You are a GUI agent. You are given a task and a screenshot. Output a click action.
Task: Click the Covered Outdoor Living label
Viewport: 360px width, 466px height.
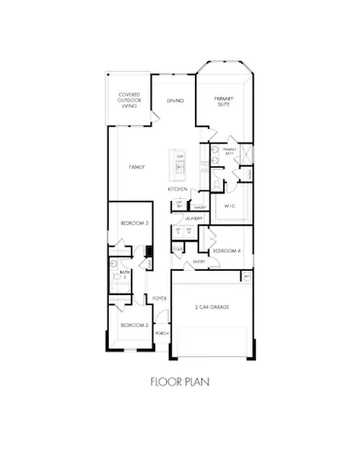click(x=129, y=101)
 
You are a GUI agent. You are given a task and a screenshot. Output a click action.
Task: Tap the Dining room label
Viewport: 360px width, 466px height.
click(x=176, y=101)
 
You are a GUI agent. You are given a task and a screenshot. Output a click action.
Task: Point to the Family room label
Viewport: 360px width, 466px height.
click(x=138, y=167)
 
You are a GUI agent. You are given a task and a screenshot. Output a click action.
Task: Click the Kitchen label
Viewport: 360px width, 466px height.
click(x=177, y=188)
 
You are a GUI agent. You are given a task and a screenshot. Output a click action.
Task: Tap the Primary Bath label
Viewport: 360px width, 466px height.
click(x=229, y=150)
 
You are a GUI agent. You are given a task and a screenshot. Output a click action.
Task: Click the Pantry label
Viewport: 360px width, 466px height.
click(x=202, y=207)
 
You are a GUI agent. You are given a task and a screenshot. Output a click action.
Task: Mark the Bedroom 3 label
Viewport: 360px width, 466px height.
click(x=134, y=223)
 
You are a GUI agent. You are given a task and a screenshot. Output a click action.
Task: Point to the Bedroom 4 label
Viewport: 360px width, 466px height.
click(x=226, y=250)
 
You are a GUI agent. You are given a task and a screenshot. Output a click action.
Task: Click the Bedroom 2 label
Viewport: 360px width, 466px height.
click(x=134, y=324)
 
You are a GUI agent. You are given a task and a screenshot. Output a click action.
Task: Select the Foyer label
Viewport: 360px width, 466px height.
click(x=158, y=298)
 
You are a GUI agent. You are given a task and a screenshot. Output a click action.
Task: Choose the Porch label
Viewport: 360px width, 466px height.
click(x=161, y=332)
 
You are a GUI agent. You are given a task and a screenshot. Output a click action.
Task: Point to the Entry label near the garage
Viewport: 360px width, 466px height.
click(x=199, y=261)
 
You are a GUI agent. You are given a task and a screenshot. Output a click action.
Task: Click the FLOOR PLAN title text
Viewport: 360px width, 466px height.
click(x=180, y=382)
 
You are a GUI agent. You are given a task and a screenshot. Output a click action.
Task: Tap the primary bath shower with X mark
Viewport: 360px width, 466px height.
click(x=246, y=154)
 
